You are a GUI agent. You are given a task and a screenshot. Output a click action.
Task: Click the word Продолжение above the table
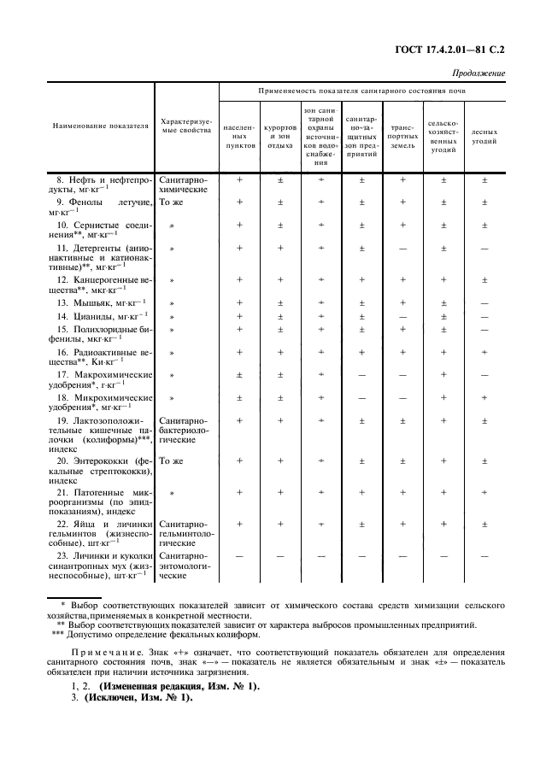click(479, 73)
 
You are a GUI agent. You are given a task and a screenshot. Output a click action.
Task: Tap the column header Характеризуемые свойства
click(185, 126)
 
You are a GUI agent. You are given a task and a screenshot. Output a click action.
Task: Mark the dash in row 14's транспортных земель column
click(402, 316)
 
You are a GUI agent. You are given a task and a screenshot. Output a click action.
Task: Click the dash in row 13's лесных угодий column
click(484, 302)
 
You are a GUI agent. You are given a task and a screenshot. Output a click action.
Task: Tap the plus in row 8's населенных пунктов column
click(239, 180)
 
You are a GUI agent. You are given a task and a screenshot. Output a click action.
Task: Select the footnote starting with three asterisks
click(162, 636)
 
